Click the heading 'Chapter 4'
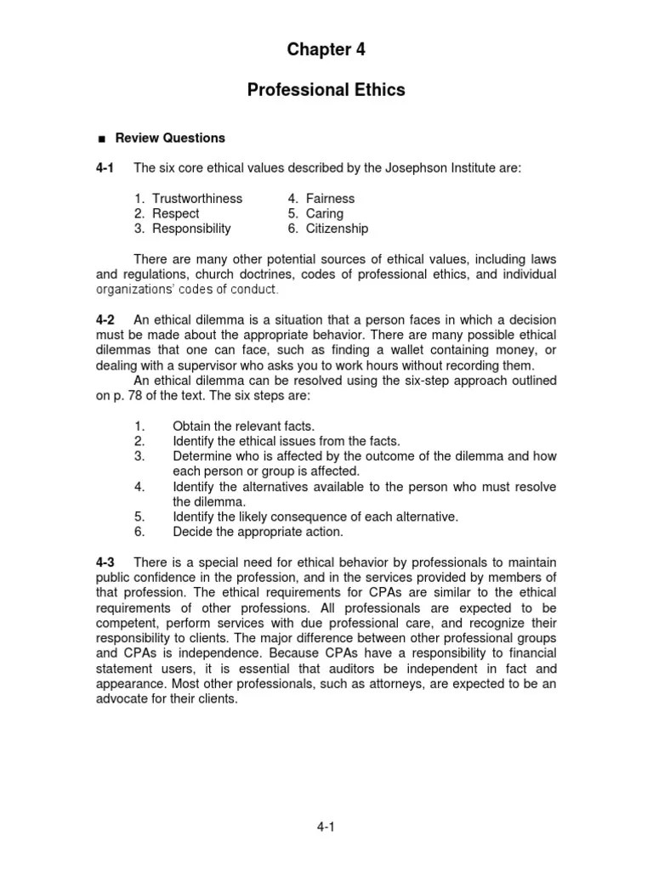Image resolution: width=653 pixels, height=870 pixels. coord(326,50)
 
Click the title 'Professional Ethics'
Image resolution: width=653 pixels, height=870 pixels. coord(326,90)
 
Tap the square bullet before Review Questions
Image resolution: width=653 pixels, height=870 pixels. coord(101,138)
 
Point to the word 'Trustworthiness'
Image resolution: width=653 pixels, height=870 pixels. coord(197,198)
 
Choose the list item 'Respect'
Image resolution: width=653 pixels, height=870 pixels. coord(176,213)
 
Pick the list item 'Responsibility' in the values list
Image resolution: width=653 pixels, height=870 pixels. coord(191,229)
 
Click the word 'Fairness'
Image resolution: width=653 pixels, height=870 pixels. coord(331,198)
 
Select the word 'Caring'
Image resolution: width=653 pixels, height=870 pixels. coord(325,213)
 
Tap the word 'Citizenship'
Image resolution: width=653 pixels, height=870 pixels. coord(338,229)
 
